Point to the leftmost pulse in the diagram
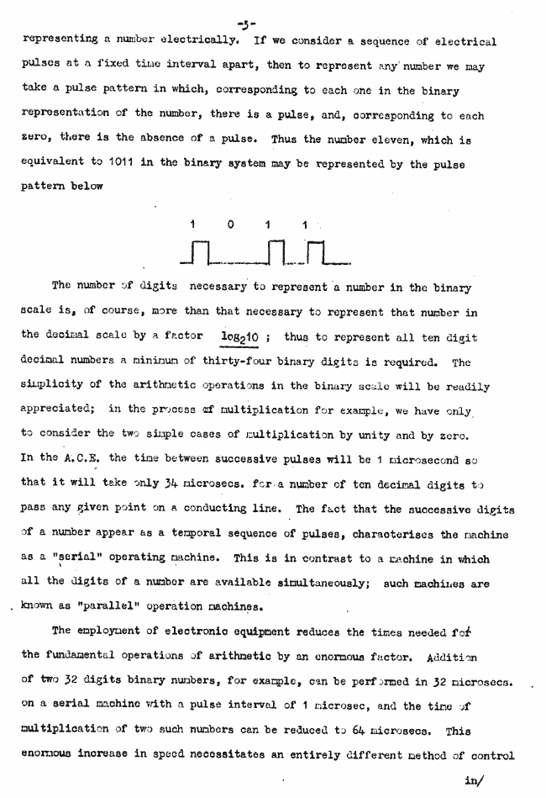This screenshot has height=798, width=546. click(x=200, y=251)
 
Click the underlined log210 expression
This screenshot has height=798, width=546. click(x=238, y=336)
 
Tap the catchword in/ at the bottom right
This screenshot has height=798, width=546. click(x=472, y=780)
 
